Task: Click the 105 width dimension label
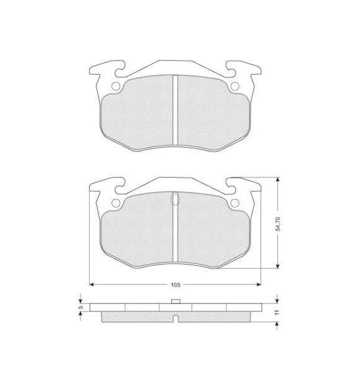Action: tap(176, 285)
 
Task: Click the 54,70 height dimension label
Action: tap(278, 224)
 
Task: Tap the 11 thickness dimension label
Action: tap(277, 312)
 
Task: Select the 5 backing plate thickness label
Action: tap(81, 307)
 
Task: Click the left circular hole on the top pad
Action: tap(116, 86)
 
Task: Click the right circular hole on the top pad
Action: tap(234, 86)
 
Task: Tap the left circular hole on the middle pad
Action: tap(116, 203)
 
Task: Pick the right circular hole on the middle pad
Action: tap(234, 203)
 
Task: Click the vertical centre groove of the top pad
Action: tap(175, 110)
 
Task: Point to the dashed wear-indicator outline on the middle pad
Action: tap(174, 198)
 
